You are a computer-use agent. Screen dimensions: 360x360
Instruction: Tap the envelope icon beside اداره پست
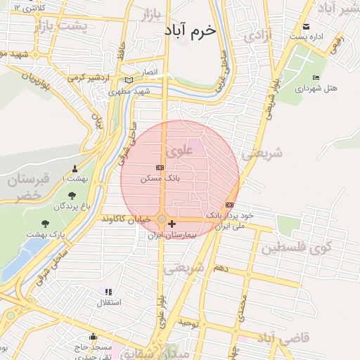click(x=305, y=27)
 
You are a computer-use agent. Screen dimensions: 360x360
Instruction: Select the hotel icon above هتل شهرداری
click(x=316, y=77)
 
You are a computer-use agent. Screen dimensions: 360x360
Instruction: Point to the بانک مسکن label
click(x=160, y=179)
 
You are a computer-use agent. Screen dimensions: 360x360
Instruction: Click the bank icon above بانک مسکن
click(x=160, y=167)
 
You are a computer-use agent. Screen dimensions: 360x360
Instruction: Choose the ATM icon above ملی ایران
click(x=230, y=205)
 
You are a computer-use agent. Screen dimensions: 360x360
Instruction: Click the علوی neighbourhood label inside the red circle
click(x=176, y=150)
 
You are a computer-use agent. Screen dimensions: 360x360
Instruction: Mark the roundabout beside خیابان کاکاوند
click(x=162, y=220)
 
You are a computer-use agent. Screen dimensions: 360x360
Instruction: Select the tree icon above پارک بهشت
click(x=45, y=224)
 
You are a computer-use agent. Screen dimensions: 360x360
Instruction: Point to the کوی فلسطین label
click(x=295, y=249)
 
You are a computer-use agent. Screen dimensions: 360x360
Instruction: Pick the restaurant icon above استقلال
click(x=108, y=292)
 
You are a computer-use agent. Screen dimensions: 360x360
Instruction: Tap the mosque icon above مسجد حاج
click(x=94, y=337)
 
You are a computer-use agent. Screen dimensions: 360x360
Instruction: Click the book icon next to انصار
click(x=128, y=79)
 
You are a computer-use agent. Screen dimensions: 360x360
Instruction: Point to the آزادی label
click(x=259, y=34)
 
